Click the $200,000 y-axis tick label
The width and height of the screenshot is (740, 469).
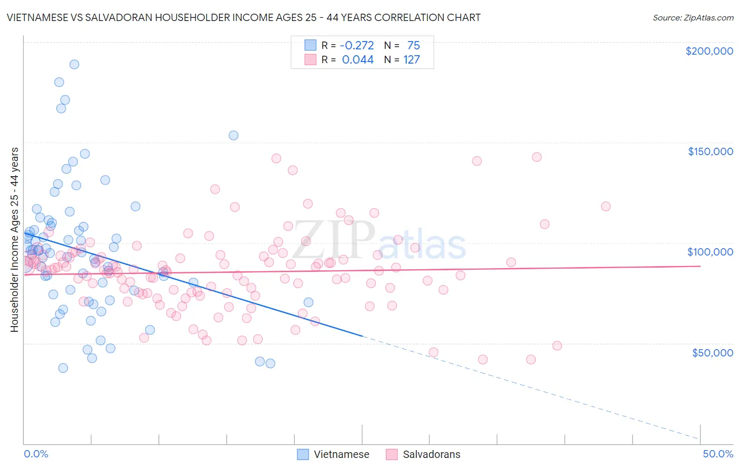pos(709,51)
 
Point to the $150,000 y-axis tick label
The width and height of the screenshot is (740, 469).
pos(710,151)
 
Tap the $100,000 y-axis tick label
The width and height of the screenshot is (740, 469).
pos(710,252)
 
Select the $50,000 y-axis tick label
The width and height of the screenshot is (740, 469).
pos(712,352)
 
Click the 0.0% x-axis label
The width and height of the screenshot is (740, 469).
pos(36,454)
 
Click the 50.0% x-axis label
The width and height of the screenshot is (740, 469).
pos(718,454)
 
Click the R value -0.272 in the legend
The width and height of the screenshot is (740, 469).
pos(357,45)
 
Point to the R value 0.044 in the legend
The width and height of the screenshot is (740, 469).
pos(358,59)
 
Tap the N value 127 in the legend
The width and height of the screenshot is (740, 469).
pos(412,59)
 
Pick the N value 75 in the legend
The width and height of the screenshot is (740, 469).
pos(413,45)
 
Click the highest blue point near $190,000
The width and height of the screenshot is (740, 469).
pos(74,64)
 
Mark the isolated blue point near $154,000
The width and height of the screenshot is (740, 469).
pos(233,135)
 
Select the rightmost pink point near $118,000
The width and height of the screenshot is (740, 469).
pos(606,206)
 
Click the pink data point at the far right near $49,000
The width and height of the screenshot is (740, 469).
pos(557,345)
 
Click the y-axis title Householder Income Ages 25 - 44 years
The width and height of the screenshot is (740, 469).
pos(14,240)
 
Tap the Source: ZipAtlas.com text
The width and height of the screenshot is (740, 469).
pos(693,18)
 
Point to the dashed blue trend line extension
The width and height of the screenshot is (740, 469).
pos(526,386)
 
